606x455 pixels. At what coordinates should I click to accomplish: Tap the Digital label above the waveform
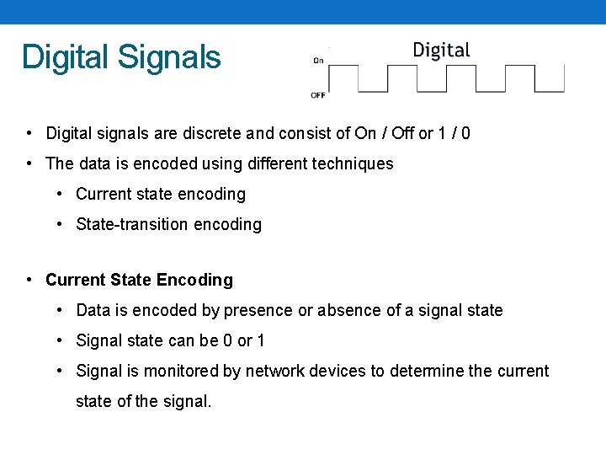(x=441, y=50)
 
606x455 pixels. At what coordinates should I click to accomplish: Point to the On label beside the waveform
(x=318, y=60)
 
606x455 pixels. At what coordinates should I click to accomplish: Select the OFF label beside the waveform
(x=318, y=95)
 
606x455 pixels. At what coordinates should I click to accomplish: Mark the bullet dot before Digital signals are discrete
(x=29, y=133)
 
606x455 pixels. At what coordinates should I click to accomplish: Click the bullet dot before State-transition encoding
(x=61, y=224)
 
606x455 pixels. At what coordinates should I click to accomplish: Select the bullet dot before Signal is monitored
(x=61, y=371)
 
